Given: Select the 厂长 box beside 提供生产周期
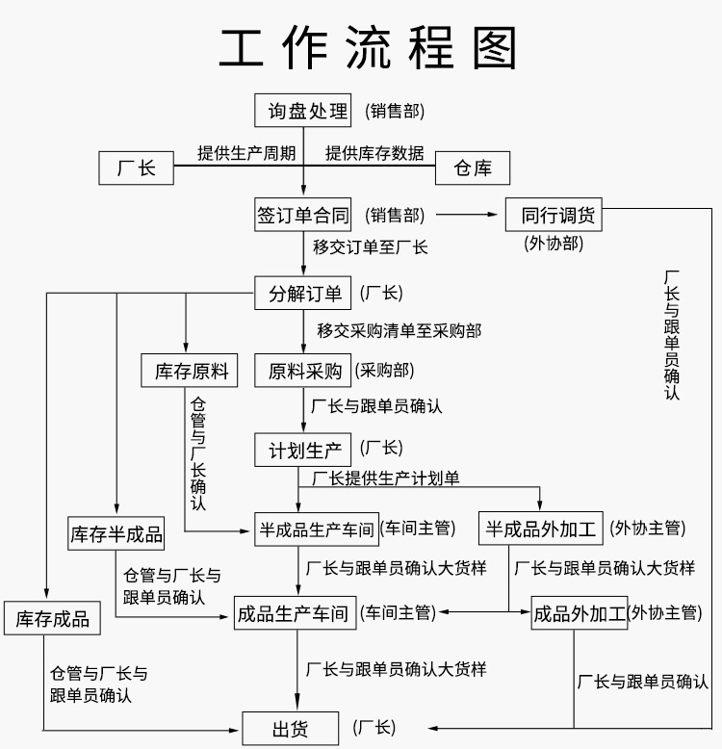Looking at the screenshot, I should (x=136, y=168).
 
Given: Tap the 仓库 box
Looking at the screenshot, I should (x=472, y=168).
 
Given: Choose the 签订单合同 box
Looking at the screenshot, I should (x=302, y=215).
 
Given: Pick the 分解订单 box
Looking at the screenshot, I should (x=305, y=293).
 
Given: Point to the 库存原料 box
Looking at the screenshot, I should (x=190, y=371).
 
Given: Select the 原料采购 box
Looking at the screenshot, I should (x=302, y=371).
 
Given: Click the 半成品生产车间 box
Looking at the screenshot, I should (x=316, y=528).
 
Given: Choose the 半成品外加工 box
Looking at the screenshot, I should (x=541, y=528).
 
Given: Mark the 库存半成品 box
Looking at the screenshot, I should (x=116, y=533).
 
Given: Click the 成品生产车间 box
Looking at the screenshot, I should (x=295, y=612).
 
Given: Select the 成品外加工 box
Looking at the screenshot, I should (x=579, y=612).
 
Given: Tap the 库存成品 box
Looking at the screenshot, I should (x=52, y=618).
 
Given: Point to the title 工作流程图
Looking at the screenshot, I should (x=369, y=47).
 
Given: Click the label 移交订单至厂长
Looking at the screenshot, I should (x=371, y=246).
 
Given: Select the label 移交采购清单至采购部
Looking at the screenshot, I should (x=400, y=330).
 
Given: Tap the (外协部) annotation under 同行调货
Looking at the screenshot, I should (x=554, y=243).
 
